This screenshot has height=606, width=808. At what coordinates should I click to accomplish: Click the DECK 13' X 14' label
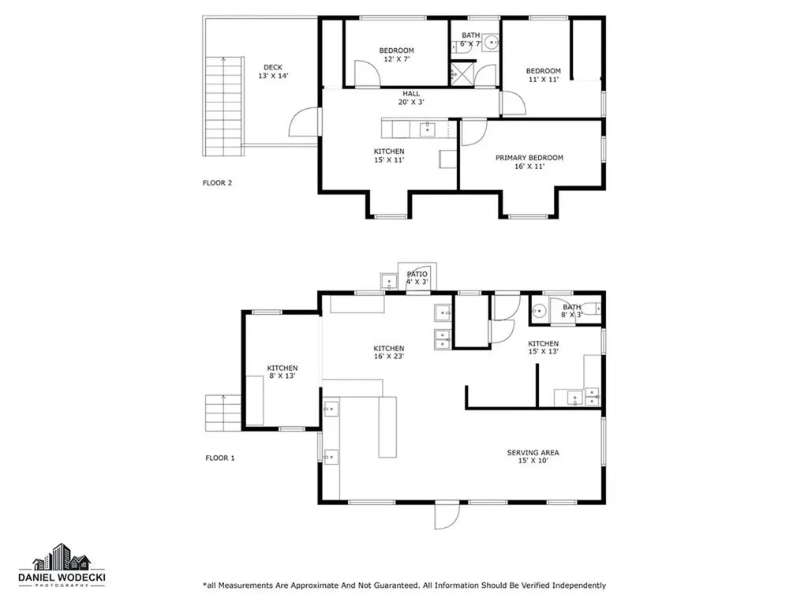pos(273,72)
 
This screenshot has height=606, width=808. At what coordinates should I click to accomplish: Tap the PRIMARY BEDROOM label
pos(529,162)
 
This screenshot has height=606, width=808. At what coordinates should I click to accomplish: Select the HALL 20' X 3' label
pos(411,98)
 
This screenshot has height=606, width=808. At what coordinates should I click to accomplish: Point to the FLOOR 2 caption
pos(218,183)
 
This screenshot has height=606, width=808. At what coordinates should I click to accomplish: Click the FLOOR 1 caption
pos(220,458)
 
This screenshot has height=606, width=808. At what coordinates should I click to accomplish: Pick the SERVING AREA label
pos(533,457)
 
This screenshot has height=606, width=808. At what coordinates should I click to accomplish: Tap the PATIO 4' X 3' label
pos(417,278)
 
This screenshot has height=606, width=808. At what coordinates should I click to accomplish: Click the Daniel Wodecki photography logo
pos(62,565)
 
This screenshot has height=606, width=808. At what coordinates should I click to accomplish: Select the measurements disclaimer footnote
pos(405,585)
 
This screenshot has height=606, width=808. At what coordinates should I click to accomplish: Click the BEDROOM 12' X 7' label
pos(396,54)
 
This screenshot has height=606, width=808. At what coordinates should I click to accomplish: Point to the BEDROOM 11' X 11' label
pos(544,75)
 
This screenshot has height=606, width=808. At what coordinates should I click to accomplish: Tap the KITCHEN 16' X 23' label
pos(389,353)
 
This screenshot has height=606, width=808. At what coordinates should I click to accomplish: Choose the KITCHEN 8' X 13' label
pos(282,372)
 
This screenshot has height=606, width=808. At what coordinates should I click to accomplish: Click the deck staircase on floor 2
pos(223,107)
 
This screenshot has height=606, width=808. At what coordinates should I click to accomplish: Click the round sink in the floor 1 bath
pos(539,311)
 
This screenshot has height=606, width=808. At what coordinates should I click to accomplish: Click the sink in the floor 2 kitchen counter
pos(428,129)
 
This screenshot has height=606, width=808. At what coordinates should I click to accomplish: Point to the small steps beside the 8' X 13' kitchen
pos(223,413)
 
